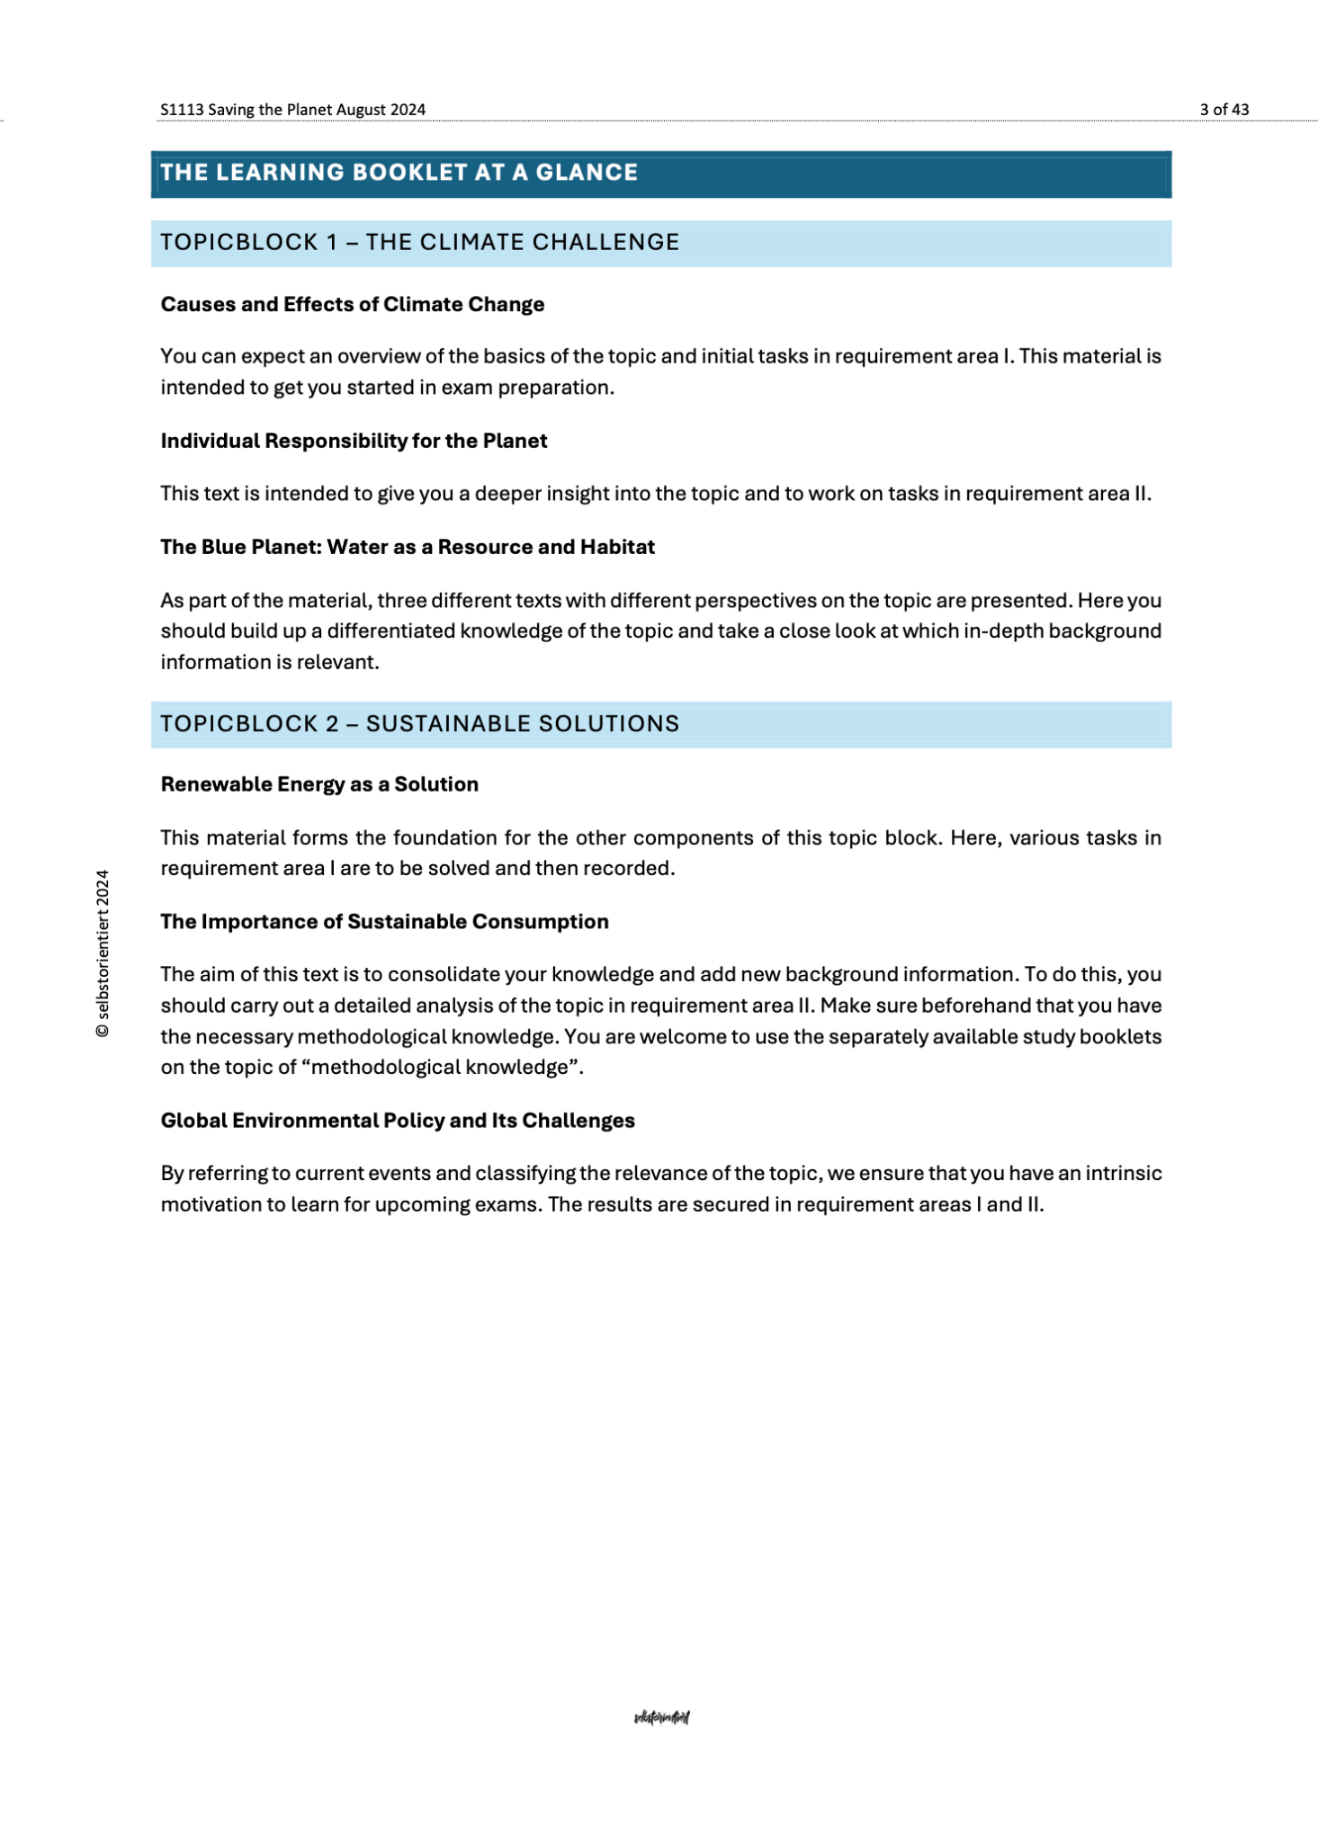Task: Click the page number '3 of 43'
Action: pos(1224,110)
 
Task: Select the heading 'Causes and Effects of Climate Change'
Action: pos(352,305)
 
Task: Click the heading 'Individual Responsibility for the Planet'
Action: pos(354,441)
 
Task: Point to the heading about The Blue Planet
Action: pos(407,547)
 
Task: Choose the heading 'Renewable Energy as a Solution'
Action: pos(319,784)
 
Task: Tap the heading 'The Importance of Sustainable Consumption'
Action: pos(384,922)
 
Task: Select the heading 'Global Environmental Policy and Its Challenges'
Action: pos(397,1121)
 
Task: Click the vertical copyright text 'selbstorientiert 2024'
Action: pos(103,953)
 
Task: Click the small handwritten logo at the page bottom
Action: pos(661,1718)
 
